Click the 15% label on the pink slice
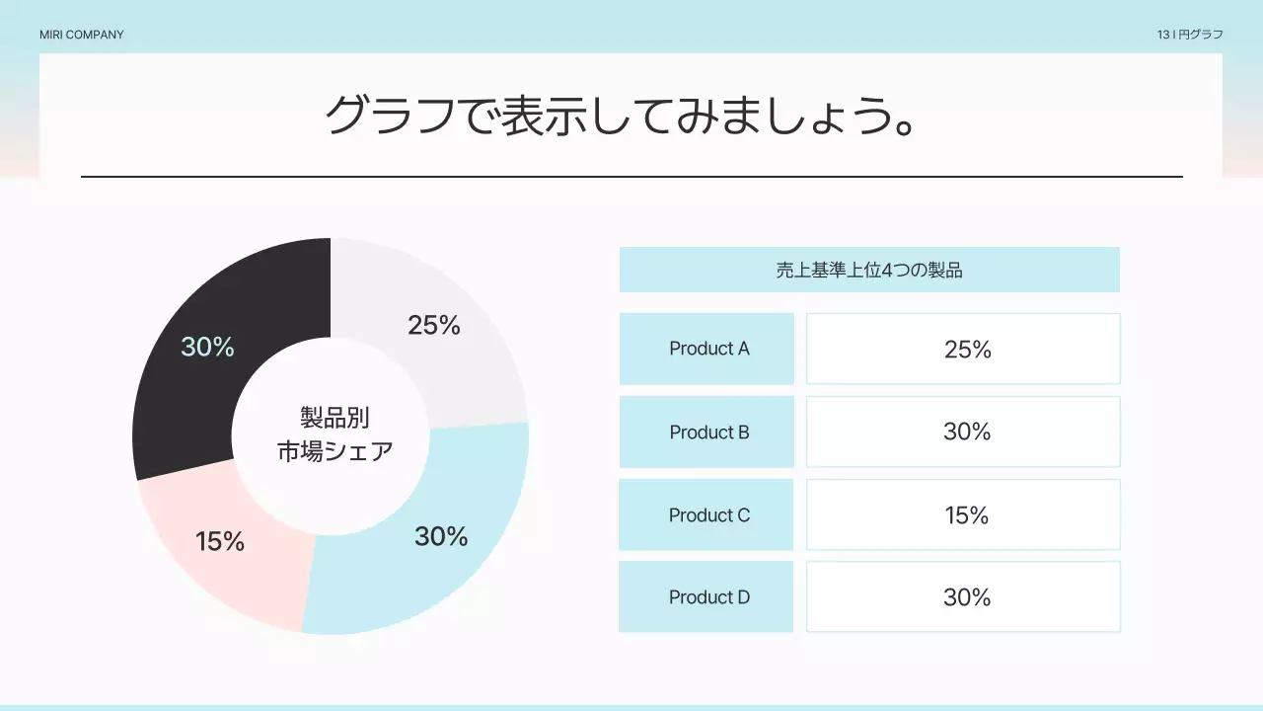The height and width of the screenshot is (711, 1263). pyautogui.click(x=220, y=541)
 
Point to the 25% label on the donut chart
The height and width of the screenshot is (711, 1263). pyautogui.click(x=434, y=325)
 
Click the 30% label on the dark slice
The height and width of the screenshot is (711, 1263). pyautogui.click(x=207, y=347)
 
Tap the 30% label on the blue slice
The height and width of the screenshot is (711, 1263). pyautogui.click(x=441, y=536)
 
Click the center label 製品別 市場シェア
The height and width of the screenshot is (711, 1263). pyautogui.click(x=334, y=434)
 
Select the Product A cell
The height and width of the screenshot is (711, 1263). pyautogui.click(x=707, y=349)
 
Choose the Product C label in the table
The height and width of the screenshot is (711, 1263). pyautogui.click(x=708, y=515)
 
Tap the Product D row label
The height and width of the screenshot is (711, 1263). pyautogui.click(x=708, y=597)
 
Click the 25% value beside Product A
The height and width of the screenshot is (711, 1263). pyautogui.click(x=967, y=350)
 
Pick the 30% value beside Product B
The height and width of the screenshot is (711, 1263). pyautogui.click(x=967, y=432)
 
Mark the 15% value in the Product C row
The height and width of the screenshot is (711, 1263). pyautogui.click(x=967, y=515)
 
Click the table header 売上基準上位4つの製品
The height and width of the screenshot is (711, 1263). pyautogui.click(x=869, y=270)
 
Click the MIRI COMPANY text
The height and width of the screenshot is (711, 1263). pyautogui.click(x=82, y=35)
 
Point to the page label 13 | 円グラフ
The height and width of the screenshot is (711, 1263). pyautogui.click(x=1190, y=35)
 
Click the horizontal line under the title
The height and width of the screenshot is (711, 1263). pyautogui.click(x=631, y=177)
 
